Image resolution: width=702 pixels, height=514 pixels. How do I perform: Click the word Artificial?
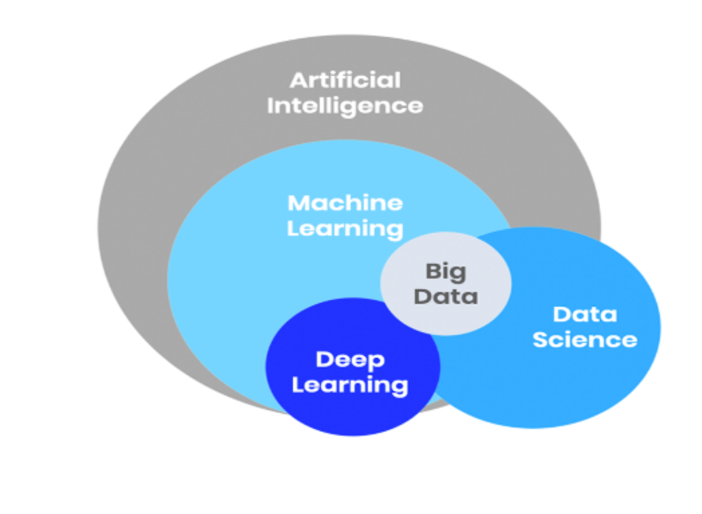coord(345,80)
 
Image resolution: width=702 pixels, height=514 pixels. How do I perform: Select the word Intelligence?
coord(345,106)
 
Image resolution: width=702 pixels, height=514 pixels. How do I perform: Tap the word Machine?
coord(345,203)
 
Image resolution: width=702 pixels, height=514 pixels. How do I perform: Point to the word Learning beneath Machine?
coord(345,229)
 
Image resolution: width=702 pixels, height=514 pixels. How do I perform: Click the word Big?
coord(446,272)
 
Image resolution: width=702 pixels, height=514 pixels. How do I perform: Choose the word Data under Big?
coord(446,297)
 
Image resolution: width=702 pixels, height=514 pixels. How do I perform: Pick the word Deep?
coord(350,360)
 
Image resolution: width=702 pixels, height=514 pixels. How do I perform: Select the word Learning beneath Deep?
coord(350,385)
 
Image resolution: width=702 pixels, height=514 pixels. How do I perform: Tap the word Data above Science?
coord(585,314)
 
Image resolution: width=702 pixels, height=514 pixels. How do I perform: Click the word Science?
coord(585,340)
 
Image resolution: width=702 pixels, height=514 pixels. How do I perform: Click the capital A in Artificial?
coord(298,80)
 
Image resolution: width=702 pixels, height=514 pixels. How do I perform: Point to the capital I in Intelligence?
coord(270,106)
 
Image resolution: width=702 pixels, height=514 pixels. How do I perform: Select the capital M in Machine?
coord(298,203)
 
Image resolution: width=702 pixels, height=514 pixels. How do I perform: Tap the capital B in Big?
coord(433,271)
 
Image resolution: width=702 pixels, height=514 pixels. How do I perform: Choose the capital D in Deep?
coord(324,359)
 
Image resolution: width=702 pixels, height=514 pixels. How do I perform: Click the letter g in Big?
coord(459,273)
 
